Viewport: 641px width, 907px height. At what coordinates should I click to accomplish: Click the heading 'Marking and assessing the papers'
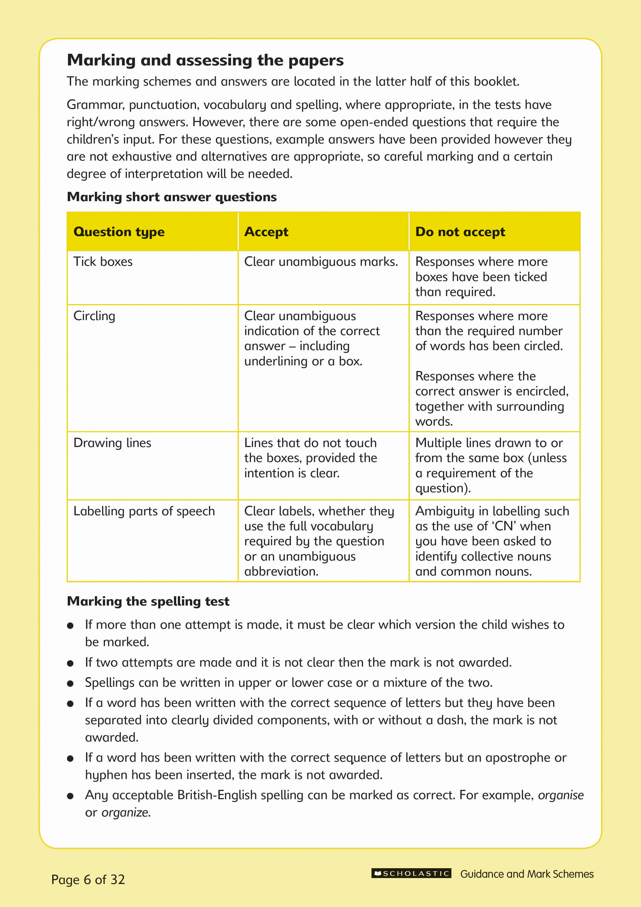click(205, 61)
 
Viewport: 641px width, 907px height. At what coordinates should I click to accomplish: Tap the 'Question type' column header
click(119, 232)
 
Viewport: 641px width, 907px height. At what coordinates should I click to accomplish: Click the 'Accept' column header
click(266, 232)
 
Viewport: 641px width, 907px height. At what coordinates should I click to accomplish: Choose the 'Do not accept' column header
click(460, 232)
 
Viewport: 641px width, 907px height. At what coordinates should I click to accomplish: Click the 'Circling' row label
click(94, 316)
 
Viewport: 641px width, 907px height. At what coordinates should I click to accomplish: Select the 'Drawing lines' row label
click(112, 443)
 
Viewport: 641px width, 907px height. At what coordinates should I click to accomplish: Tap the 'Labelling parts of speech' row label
click(144, 511)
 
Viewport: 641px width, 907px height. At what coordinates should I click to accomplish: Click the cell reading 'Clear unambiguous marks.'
click(321, 262)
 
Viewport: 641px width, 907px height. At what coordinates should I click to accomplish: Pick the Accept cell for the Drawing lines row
click(310, 458)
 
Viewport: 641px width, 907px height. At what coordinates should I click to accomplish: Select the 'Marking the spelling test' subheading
click(148, 601)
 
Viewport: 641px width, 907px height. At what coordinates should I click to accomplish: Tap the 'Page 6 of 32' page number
click(88, 879)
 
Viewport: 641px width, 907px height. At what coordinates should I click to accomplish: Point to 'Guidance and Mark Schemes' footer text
click(526, 874)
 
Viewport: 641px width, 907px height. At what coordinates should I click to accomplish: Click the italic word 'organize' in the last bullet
click(125, 813)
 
